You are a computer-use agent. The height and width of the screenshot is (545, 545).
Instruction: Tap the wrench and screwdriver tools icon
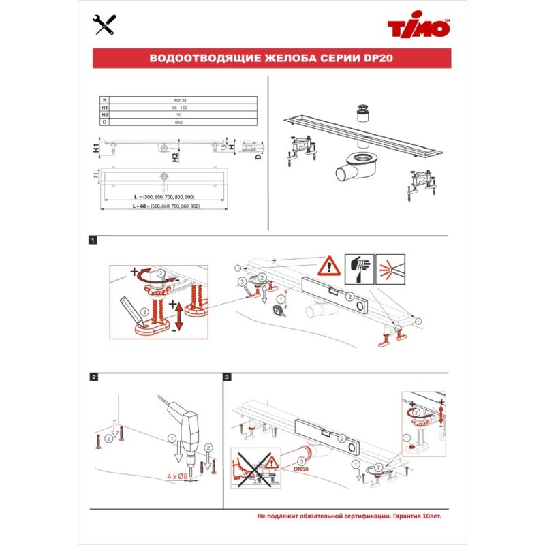coord(102,26)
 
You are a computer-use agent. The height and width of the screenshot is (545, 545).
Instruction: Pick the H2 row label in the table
coord(105,115)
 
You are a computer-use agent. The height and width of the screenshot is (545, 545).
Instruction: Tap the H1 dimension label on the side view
coord(96,147)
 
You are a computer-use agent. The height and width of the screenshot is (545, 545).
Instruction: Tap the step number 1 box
coord(93,240)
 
